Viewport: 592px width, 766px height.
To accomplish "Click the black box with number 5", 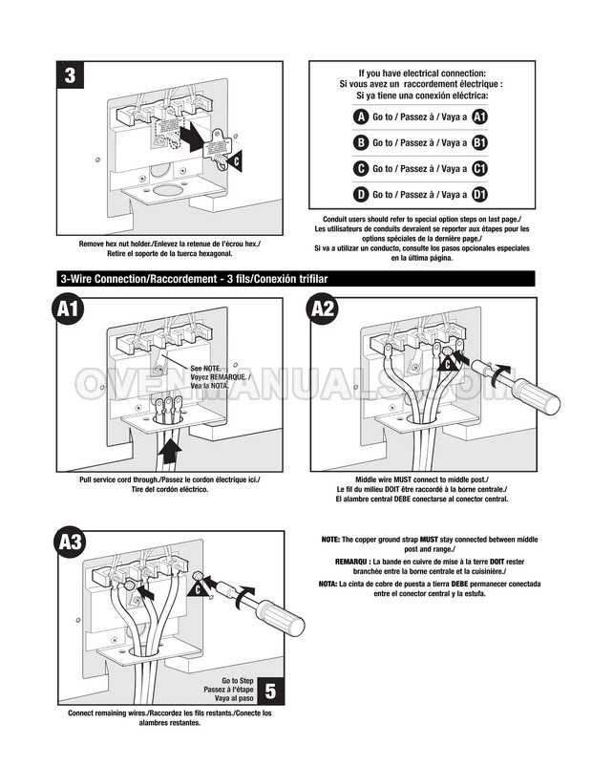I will coord(271,690).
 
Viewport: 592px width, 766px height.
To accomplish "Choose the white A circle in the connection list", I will coord(360,117).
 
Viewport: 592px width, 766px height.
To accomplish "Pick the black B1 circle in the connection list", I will coord(480,142).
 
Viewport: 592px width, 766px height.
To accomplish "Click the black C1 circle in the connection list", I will coord(480,168).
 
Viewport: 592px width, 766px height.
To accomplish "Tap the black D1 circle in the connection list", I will coord(480,194).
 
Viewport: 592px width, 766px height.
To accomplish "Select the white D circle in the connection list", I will coord(360,194).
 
